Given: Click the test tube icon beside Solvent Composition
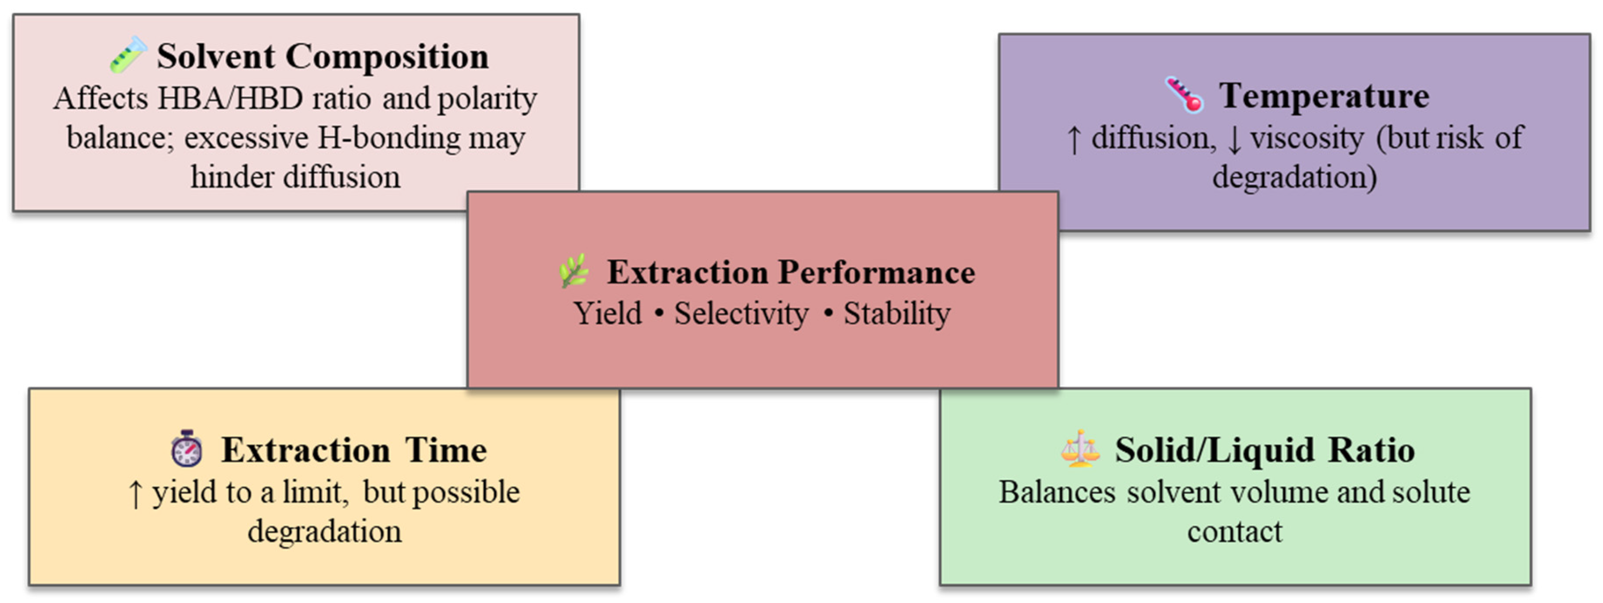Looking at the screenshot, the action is coord(129,55).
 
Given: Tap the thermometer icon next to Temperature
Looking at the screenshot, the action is coord(1184,95).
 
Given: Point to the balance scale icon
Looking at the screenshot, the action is coord(1080,449).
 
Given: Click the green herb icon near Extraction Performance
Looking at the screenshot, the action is coord(574,271).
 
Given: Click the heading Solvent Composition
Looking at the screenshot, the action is coord(322,56).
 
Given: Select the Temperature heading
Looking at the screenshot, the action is coord(1324,96).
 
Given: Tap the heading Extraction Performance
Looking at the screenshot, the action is coord(791,272).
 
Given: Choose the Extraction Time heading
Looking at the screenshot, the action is coord(354,450).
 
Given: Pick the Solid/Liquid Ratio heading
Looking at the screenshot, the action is coord(1264,450).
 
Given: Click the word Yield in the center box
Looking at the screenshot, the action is coord(607,313).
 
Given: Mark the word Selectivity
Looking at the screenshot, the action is coord(742,313).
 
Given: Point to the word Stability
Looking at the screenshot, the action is coord(897,313).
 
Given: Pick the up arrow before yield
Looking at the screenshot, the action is coord(135,494).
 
